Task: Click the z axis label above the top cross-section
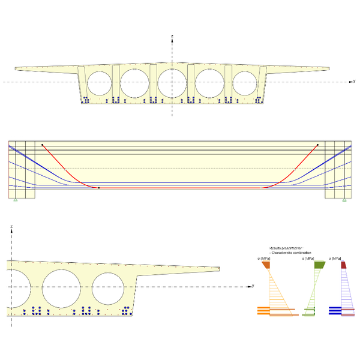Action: [x=172, y=37]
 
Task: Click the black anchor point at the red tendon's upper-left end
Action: [x=42, y=145]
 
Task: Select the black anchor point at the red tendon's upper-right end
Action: [x=317, y=145]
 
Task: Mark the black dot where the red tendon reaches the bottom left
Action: [x=99, y=188]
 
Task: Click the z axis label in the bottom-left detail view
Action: [x=11, y=226]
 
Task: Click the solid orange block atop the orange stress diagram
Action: [x=266, y=265]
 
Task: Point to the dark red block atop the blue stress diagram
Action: [x=344, y=265]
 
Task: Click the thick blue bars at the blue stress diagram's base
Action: [x=335, y=310]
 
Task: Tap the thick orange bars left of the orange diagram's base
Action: [x=263, y=310]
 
